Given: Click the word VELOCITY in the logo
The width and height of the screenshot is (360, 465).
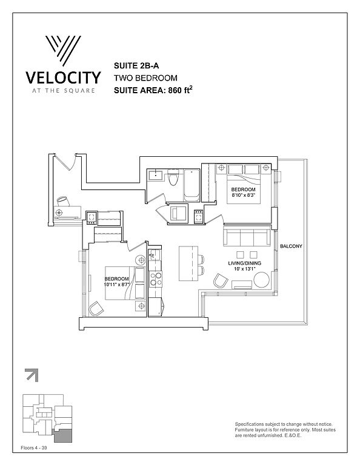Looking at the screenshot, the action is point(63,77).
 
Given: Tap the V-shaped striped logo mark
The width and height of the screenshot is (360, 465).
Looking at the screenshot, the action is point(63,51).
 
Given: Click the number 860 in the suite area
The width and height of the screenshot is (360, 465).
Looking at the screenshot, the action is point(175,90).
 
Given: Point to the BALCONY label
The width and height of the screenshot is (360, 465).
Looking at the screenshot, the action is point(291,246).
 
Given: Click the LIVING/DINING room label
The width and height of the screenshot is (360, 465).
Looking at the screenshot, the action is point(245,263).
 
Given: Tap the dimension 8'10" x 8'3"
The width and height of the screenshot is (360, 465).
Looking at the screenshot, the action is point(244,195).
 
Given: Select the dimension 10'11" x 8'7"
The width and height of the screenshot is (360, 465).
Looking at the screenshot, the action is point(116,284).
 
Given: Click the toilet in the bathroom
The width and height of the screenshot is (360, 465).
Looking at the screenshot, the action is point(173,177).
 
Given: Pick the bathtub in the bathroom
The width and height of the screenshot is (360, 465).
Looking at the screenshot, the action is point(192,185).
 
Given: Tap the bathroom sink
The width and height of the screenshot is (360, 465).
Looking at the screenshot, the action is point(155,175).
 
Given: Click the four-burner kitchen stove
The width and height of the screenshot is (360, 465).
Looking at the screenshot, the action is point(156,279).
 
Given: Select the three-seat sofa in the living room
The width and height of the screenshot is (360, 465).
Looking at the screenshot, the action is point(247,236).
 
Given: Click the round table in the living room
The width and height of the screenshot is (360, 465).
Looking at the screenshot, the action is point(261,280).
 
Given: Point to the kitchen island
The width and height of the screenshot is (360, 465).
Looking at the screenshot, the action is point(188,263).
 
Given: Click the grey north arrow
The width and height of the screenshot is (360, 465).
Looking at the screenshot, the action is point(32,375).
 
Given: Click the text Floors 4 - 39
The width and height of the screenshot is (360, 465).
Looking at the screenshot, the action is point(34,448).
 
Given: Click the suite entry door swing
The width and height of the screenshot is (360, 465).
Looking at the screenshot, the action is point(66,161).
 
